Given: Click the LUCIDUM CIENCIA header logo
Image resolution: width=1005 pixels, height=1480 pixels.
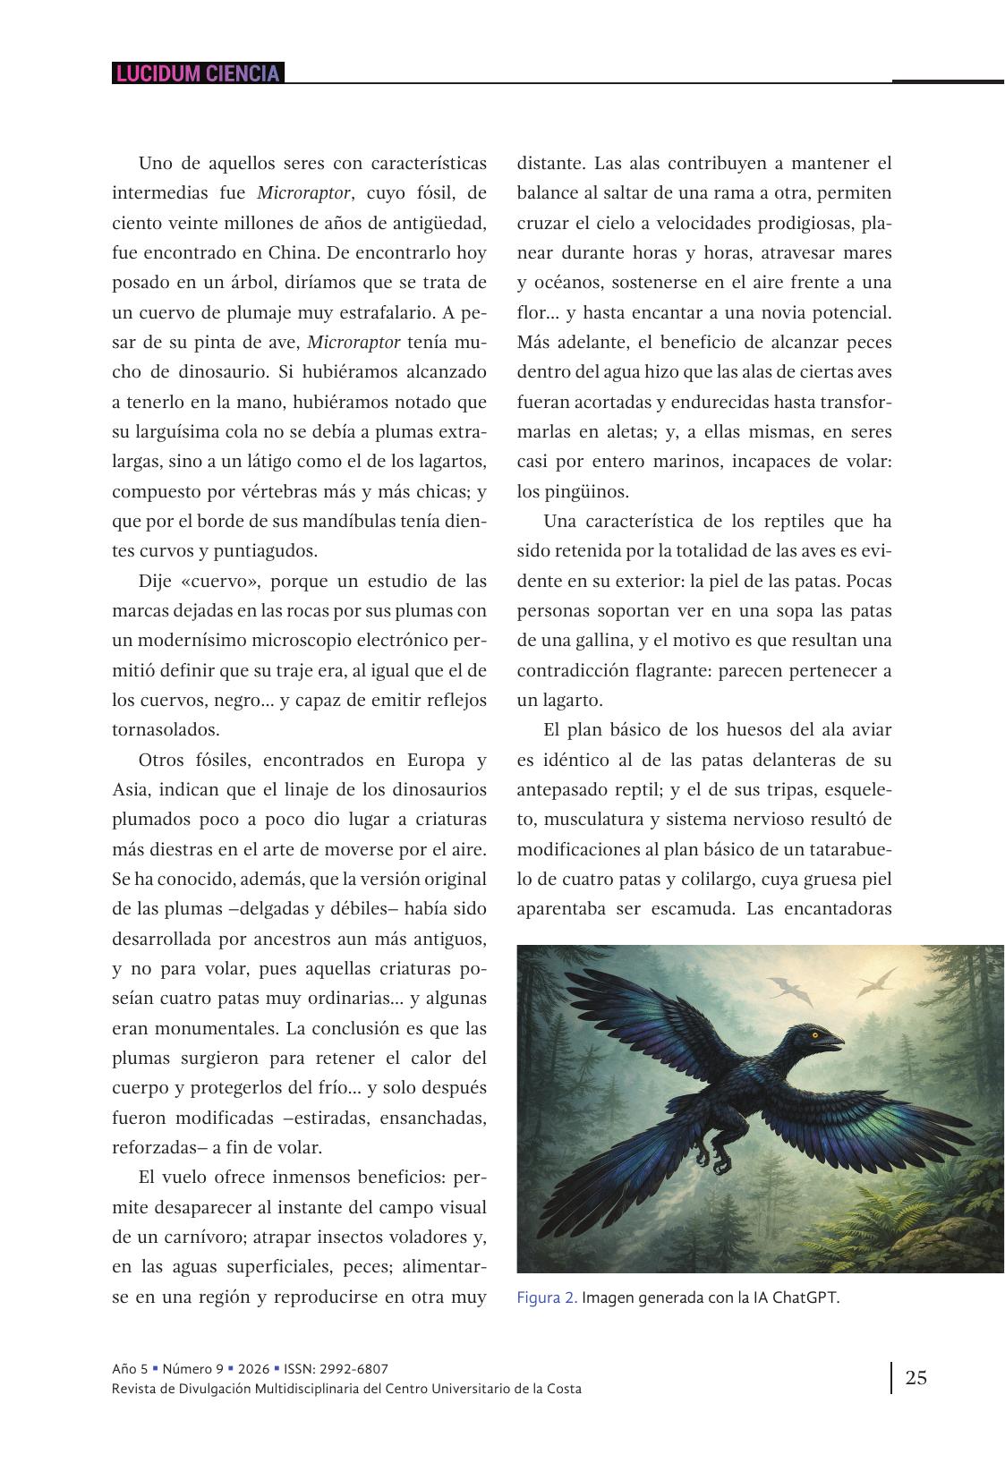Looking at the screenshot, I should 198,73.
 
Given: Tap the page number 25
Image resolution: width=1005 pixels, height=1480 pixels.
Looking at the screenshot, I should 916,1377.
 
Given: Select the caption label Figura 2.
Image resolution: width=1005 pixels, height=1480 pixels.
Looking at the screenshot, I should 547,1298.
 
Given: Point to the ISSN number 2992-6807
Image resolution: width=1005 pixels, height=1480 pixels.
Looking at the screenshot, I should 355,1369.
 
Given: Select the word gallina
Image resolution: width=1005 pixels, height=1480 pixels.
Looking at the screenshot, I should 575,641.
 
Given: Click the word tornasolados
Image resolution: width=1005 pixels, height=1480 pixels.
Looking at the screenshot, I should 166,730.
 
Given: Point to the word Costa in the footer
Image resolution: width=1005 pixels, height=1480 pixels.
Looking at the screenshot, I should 561,1389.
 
